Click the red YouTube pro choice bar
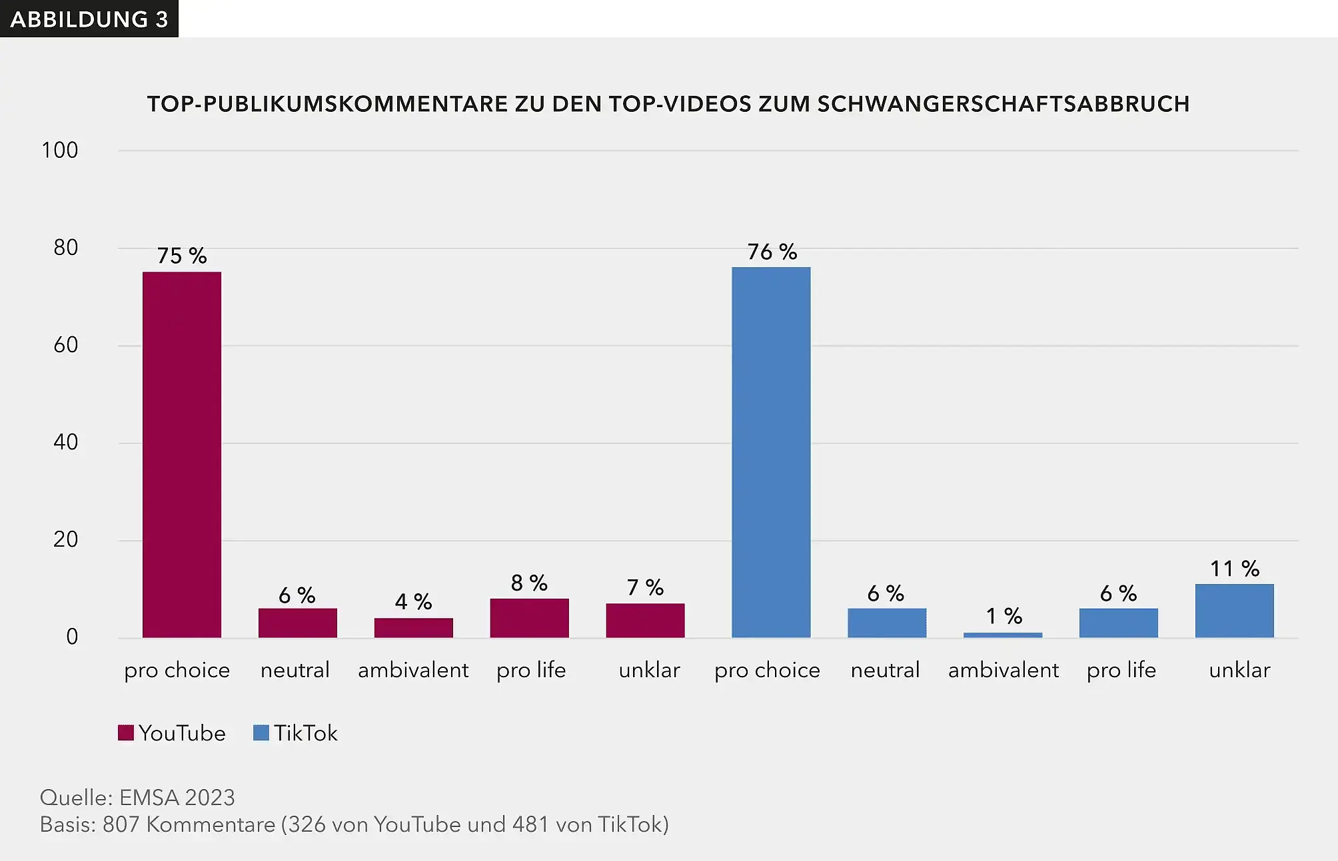pos(181,454)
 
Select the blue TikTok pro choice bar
pos(771,452)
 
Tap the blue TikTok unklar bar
pos(1234,611)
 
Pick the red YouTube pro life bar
pos(529,618)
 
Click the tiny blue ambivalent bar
pos(1003,635)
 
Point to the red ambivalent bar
pos(413,627)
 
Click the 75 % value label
pos(181,256)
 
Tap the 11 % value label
pos(1234,569)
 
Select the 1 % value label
pos(1003,616)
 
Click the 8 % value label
pos(529,583)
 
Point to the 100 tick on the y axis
pos(60,150)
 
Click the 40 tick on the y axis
pos(65,442)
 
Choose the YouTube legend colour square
pos(126,733)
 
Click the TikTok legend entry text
pos(305,733)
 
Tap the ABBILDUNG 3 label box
pos(89,19)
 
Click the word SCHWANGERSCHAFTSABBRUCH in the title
pos(1003,105)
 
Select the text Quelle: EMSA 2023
pos(137,797)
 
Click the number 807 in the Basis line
pos(121,824)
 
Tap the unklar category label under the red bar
pos(649,670)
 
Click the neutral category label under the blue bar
pos(885,670)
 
